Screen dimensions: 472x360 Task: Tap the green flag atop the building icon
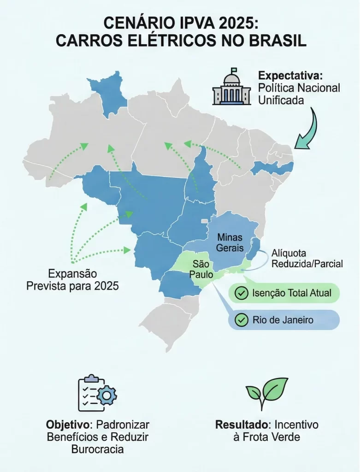pyautogui.click(x=234, y=71)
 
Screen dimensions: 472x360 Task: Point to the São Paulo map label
pyautogui.click(x=201, y=269)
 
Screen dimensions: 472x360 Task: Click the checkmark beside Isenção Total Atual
pyautogui.click(x=241, y=293)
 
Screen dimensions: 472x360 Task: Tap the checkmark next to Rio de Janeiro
pyautogui.click(x=241, y=319)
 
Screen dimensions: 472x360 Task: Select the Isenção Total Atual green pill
pyautogui.click(x=284, y=293)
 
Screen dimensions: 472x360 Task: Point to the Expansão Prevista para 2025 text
pyautogui.click(x=72, y=279)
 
